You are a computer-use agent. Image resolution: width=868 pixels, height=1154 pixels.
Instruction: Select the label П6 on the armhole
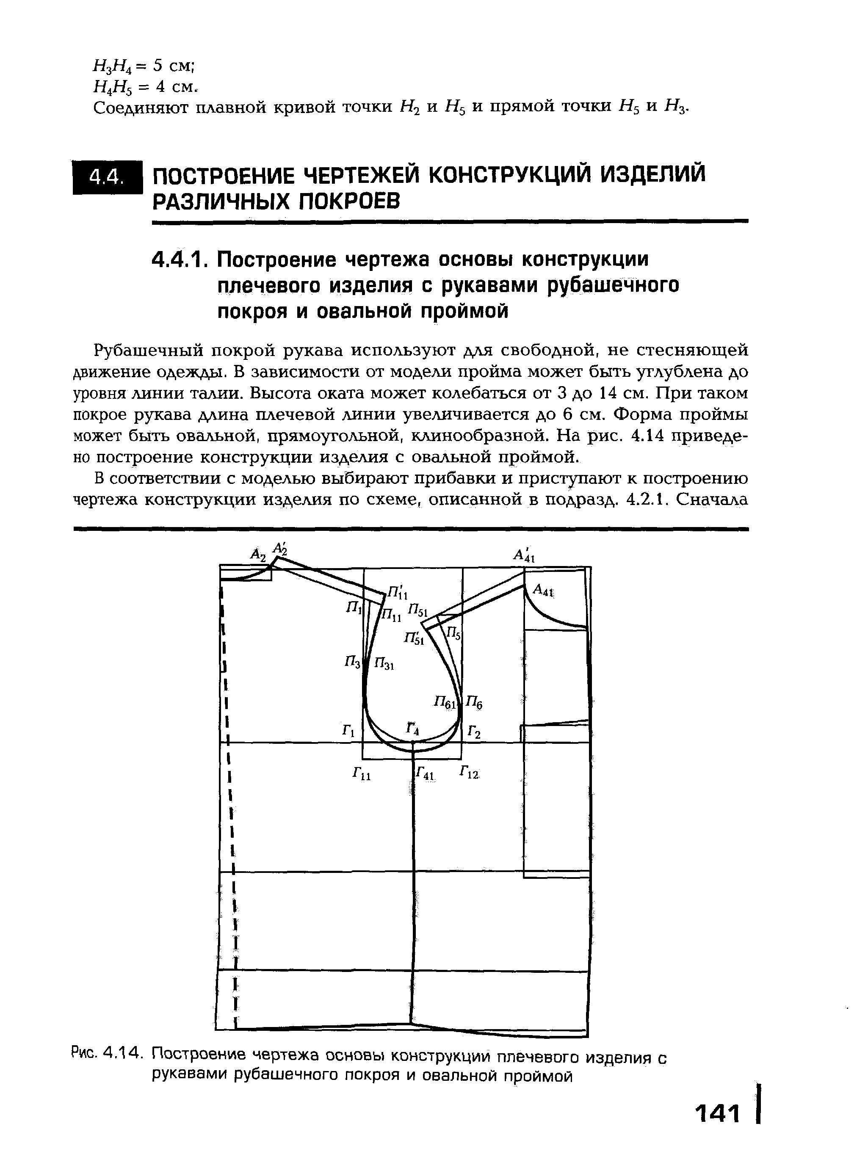coord(475,703)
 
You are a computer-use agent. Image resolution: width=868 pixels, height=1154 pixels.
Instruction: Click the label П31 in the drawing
coord(385,665)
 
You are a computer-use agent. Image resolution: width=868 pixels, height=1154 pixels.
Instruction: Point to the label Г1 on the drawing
coord(348,731)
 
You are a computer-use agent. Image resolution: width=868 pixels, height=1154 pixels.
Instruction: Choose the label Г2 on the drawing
coord(474,732)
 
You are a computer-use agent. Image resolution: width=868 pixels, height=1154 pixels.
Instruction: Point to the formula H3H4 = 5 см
coord(144,66)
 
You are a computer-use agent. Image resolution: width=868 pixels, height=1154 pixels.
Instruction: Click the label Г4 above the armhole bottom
coord(413,728)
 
